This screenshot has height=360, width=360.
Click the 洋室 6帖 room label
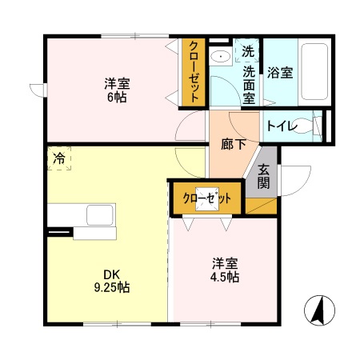(x=117, y=90)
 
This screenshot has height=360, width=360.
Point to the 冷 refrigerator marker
(x=58, y=158)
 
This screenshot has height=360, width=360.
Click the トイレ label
(x=282, y=126)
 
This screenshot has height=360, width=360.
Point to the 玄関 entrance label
(x=264, y=176)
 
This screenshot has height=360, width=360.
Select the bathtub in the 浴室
(x=313, y=71)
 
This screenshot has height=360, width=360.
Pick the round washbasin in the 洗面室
(x=220, y=57)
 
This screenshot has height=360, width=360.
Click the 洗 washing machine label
(x=248, y=52)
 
